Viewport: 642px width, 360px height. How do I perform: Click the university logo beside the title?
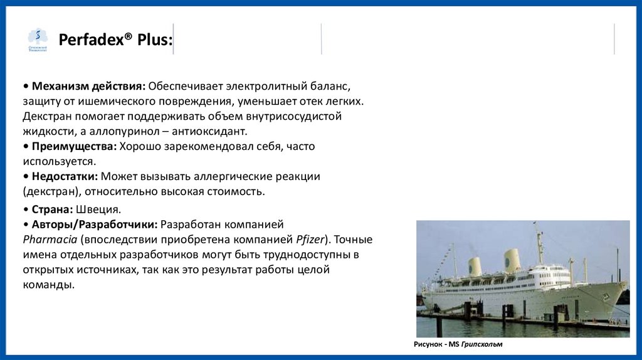pyautogui.click(x=38, y=40)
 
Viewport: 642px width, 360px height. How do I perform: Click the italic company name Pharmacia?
pyautogui.click(x=50, y=239)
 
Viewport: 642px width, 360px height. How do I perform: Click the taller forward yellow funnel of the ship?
pyautogui.click(x=512, y=260)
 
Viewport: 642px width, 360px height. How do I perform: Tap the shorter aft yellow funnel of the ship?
pyautogui.click(x=475, y=267)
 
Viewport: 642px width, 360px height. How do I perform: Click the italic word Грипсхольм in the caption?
pyautogui.click(x=482, y=344)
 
